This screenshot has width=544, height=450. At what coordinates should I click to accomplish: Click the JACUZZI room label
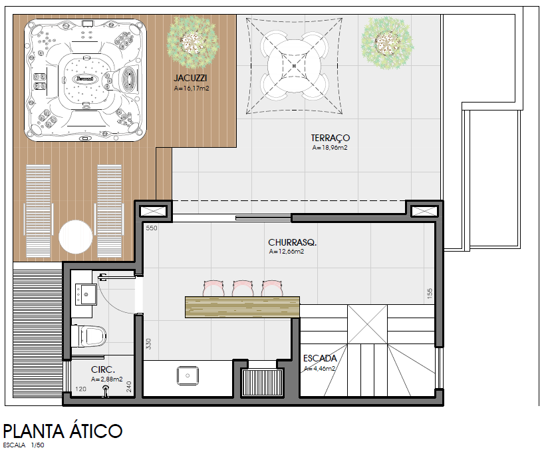190,78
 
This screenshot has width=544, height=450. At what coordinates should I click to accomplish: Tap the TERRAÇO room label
331,138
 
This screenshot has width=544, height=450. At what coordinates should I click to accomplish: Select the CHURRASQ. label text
292,242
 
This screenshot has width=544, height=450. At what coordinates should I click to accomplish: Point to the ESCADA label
320,358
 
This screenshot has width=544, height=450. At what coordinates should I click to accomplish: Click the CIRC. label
103,370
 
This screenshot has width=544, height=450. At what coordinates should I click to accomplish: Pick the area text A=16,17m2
192,89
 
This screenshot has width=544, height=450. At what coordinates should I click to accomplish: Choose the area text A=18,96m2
330,148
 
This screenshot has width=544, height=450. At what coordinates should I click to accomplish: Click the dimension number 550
152,228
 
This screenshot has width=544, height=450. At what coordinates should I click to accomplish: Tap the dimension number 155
430,294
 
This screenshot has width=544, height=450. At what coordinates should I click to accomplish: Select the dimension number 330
148,343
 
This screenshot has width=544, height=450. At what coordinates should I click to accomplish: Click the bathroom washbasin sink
86,294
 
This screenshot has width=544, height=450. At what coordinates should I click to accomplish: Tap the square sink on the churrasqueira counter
188,375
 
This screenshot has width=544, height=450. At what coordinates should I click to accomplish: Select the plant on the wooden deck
193,43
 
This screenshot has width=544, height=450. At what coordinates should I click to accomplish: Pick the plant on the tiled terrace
387,43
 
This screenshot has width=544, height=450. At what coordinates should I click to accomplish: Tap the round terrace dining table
294,66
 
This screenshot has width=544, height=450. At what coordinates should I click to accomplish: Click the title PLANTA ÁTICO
63,431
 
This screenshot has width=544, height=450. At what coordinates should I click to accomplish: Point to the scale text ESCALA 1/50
23,445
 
